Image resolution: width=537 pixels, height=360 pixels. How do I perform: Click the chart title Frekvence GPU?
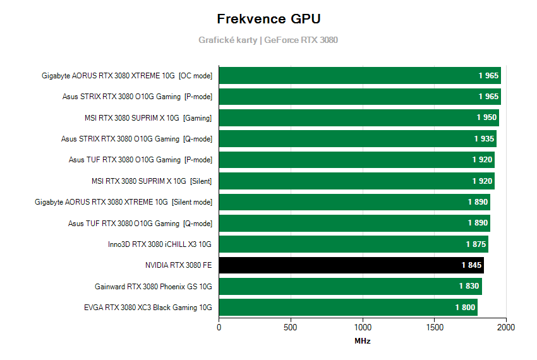(x=268, y=18)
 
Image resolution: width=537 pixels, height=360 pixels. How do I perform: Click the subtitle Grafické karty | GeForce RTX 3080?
(x=268, y=40)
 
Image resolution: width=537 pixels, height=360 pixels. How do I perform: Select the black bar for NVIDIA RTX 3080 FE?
(x=351, y=265)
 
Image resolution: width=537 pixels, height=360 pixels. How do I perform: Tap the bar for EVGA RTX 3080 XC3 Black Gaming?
(x=347, y=308)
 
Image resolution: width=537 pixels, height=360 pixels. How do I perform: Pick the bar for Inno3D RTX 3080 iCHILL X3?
(x=353, y=244)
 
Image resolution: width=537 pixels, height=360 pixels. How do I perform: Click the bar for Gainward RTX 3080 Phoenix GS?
(x=350, y=286)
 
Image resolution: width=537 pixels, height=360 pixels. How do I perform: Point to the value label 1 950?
(x=486, y=117)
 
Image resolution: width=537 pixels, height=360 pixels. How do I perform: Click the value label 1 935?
(x=485, y=138)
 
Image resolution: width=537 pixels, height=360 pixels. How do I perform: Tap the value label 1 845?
(x=471, y=265)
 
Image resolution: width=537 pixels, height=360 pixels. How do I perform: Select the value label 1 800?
(x=465, y=308)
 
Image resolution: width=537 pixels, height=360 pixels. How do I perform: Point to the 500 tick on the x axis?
(x=291, y=328)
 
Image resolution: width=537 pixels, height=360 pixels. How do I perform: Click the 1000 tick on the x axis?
(x=363, y=328)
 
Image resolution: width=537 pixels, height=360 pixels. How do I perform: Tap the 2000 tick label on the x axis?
(x=506, y=328)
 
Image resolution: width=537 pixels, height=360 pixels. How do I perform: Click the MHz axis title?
(x=363, y=341)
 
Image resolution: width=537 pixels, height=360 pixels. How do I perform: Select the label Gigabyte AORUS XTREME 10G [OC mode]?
(x=127, y=76)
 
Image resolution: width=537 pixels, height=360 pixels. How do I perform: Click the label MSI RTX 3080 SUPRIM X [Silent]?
(x=152, y=181)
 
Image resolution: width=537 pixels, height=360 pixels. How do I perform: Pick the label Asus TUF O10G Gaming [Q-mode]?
(x=140, y=223)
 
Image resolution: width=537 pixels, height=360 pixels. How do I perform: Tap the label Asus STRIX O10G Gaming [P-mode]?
(x=136, y=97)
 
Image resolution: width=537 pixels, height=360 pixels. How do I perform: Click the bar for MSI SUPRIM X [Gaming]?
(x=358, y=117)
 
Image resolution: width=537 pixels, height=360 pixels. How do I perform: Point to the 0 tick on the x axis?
(x=219, y=328)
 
